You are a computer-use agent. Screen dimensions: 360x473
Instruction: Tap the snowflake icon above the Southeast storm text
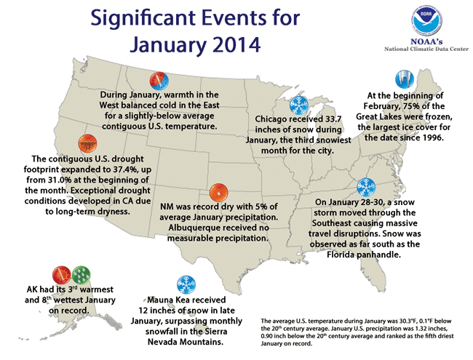click(x=367, y=185)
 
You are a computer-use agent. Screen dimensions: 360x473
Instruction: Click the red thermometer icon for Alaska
click(x=60, y=273)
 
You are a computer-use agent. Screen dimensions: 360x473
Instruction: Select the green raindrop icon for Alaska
click(x=82, y=273)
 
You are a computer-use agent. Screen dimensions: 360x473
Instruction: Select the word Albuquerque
click(x=199, y=230)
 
